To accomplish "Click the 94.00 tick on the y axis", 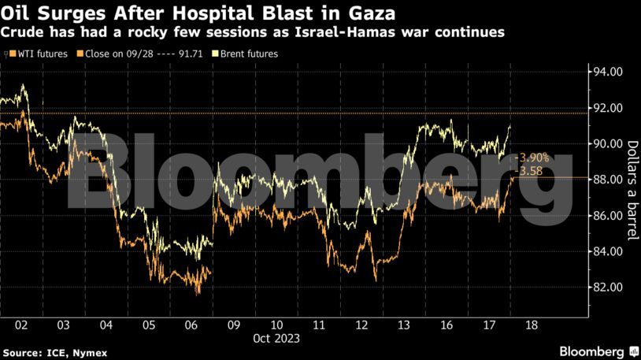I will [x=606, y=72].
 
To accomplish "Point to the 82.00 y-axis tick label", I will [x=606, y=287].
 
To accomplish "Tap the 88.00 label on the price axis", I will [x=606, y=180].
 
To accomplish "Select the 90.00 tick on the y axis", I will [x=606, y=143].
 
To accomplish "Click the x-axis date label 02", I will [x=21, y=325].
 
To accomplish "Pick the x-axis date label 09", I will [x=234, y=325].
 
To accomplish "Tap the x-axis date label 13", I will [x=404, y=325].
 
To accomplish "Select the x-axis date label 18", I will [x=532, y=325].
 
